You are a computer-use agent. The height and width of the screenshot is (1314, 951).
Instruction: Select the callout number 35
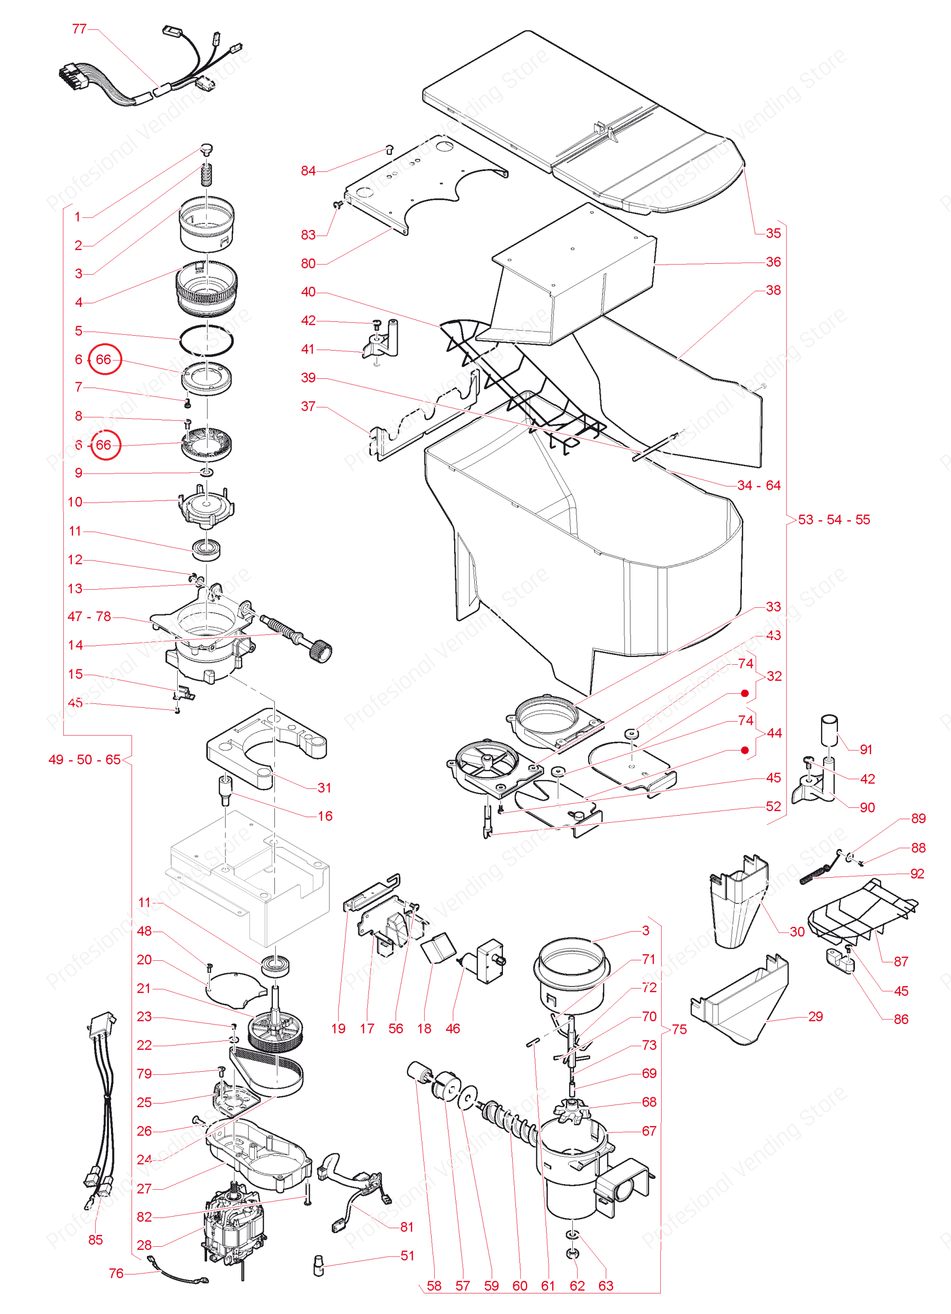773,233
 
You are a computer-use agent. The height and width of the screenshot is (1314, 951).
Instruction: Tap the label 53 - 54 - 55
834,519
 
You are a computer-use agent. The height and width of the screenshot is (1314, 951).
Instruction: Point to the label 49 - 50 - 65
85,760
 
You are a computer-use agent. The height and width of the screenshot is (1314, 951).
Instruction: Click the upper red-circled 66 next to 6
104,359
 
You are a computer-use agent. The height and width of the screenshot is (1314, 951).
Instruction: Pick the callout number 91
866,750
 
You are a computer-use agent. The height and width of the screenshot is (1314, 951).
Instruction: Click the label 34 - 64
758,486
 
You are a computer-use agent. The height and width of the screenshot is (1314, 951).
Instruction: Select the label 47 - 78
89,616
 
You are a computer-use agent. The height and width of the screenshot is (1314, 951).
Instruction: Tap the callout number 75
679,1030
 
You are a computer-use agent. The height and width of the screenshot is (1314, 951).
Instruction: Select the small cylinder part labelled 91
830,731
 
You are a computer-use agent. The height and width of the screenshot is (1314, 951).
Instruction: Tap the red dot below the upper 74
745,693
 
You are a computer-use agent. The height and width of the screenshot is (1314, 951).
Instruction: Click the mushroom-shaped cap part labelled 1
207,149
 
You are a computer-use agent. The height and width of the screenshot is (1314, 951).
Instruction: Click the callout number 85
96,1240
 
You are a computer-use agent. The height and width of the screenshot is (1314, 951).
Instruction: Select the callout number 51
407,1255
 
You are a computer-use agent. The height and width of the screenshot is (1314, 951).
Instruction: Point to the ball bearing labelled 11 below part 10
207,549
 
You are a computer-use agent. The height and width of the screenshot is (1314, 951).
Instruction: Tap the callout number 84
308,171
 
